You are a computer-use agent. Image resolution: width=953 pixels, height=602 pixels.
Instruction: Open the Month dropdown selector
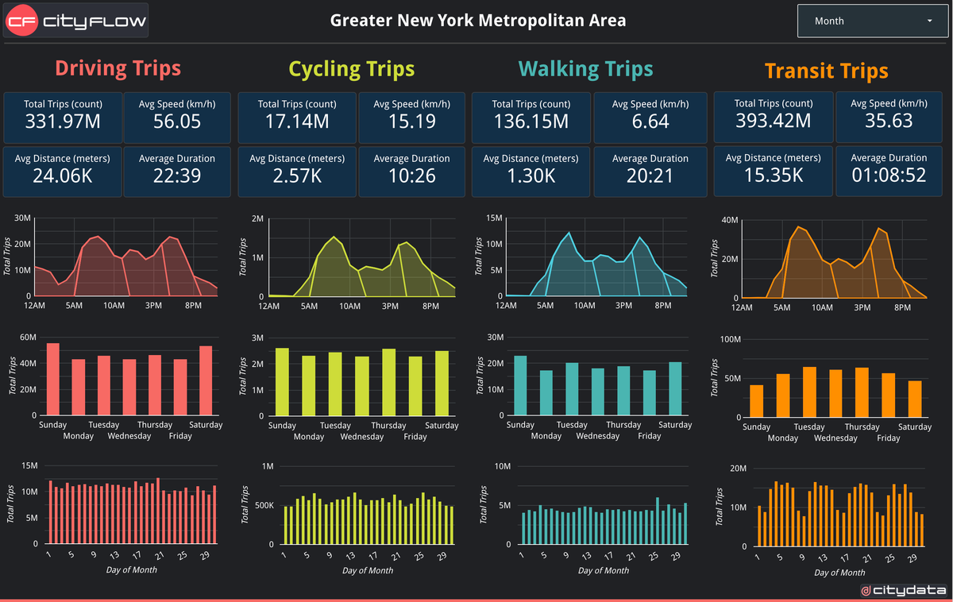[873, 21]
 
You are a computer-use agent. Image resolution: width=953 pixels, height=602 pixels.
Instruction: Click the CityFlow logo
[75, 21]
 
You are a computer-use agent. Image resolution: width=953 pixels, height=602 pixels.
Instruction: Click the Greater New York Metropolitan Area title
[478, 21]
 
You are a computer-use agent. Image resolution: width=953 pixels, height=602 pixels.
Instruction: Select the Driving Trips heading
[118, 68]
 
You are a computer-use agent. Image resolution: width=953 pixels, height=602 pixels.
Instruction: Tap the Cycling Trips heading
[351, 69]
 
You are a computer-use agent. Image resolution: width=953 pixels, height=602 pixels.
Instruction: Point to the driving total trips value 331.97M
[63, 122]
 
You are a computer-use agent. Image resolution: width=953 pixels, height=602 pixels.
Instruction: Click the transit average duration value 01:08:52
[889, 175]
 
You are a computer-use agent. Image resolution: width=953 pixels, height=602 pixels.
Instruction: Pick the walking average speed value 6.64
[650, 122]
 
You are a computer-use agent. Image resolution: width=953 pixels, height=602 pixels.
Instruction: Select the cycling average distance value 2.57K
[297, 175]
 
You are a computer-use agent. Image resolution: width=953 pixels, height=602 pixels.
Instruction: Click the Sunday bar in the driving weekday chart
[53, 379]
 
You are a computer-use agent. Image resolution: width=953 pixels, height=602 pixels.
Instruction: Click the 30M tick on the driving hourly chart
[22, 218]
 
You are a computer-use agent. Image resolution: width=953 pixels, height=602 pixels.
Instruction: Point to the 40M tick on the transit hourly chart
[728, 220]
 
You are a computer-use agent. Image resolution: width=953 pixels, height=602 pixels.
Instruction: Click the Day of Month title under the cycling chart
[368, 570]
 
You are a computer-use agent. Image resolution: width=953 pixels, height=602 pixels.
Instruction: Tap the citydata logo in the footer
[902, 590]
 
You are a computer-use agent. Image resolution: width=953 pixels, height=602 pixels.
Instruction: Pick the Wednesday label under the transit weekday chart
[835, 438]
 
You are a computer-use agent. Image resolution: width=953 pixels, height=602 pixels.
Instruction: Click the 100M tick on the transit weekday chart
[729, 339]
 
